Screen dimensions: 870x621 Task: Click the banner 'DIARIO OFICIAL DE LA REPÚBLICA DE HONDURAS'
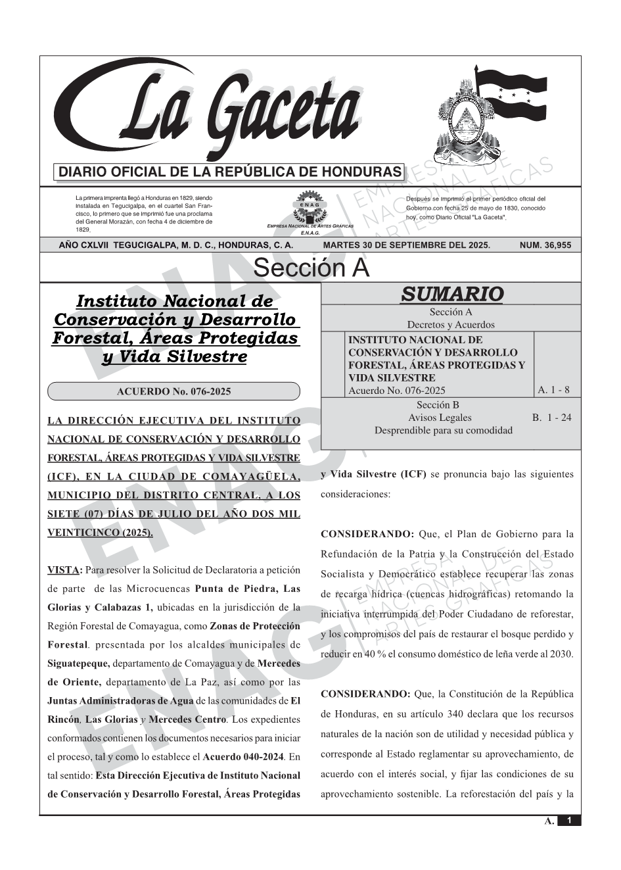(x=230, y=172)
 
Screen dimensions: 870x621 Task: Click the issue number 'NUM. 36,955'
(x=545, y=245)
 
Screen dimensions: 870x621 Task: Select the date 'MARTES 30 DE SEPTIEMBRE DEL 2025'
(x=406, y=245)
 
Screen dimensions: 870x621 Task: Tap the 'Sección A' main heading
(x=311, y=268)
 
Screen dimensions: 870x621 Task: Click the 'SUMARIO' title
(x=451, y=294)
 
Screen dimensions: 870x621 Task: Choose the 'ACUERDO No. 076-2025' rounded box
(x=173, y=392)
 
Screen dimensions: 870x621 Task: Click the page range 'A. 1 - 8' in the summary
(x=553, y=390)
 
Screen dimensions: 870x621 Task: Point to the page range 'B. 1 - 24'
(x=552, y=418)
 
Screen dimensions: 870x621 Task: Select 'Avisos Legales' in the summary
(x=440, y=418)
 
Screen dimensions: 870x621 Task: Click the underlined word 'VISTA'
(x=64, y=569)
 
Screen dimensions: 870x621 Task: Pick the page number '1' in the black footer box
(x=569, y=821)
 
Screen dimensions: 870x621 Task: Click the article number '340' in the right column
(x=456, y=714)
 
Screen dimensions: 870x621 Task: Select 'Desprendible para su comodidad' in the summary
(x=443, y=431)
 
